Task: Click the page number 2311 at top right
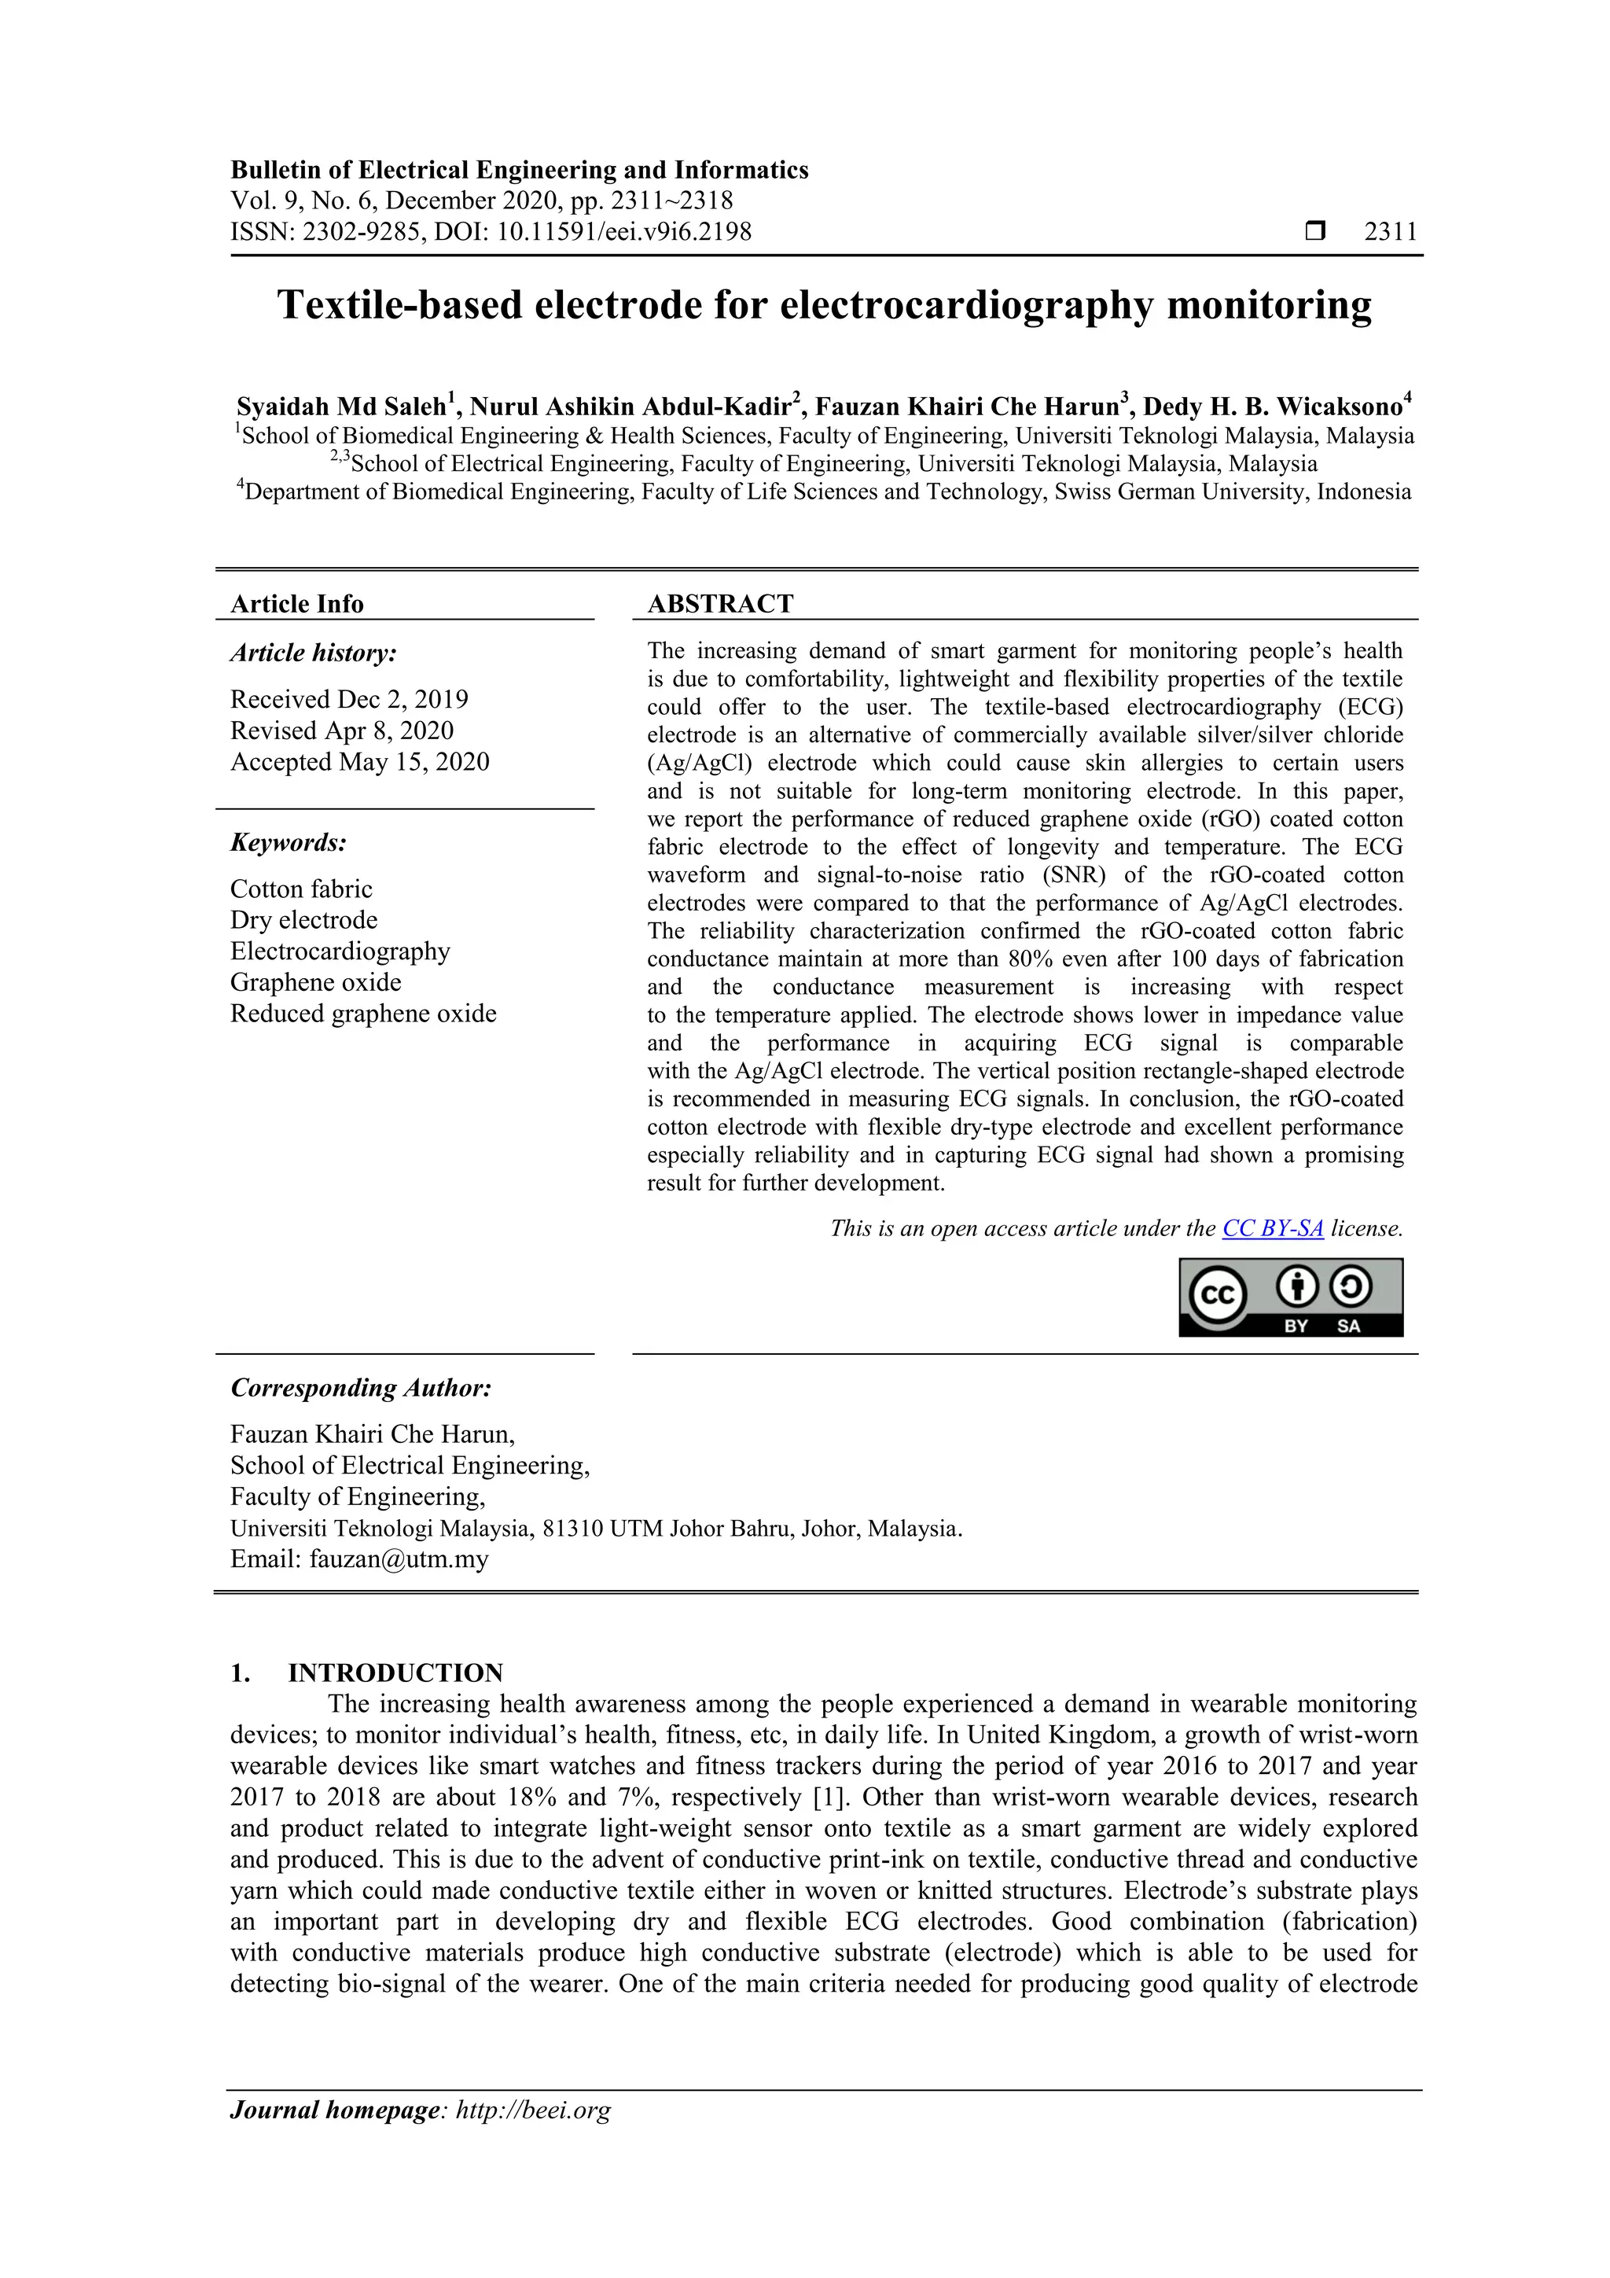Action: (x=1390, y=232)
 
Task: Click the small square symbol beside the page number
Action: (x=1314, y=232)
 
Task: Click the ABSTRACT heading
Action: (x=720, y=603)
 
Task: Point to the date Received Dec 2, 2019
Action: (x=349, y=700)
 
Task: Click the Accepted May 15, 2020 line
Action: (x=359, y=762)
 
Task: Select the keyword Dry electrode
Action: (x=303, y=920)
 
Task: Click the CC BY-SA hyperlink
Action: (x=1272, y=1228)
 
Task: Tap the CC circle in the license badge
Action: (x=1217, y=1296)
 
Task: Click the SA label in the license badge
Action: (x=1348, y=1327)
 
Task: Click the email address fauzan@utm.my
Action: (x=399, y=1559)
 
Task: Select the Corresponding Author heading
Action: (x=361, y=1388)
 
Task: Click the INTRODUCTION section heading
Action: (x=395, y=1673)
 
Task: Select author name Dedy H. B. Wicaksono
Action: (x=1273, y=407)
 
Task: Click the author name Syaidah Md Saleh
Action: (x=340, y=407)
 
